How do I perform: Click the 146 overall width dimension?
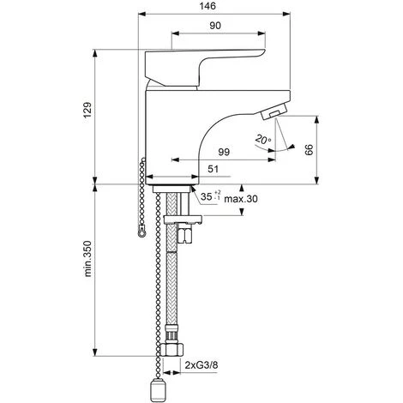click(x=208, y=6)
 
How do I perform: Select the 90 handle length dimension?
click(x=215, y=26)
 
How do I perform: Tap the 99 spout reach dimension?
click(x=224, y=152)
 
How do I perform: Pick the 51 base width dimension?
click(x=213, y=169)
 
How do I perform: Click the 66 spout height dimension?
click(x=309, y=150)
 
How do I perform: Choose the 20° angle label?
click(x=263, y=139)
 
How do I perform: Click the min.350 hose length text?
click(x=87, y=259)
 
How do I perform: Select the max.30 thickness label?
click(x=241, y=199)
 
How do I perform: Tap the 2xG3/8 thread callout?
click(x=201, y=365)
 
